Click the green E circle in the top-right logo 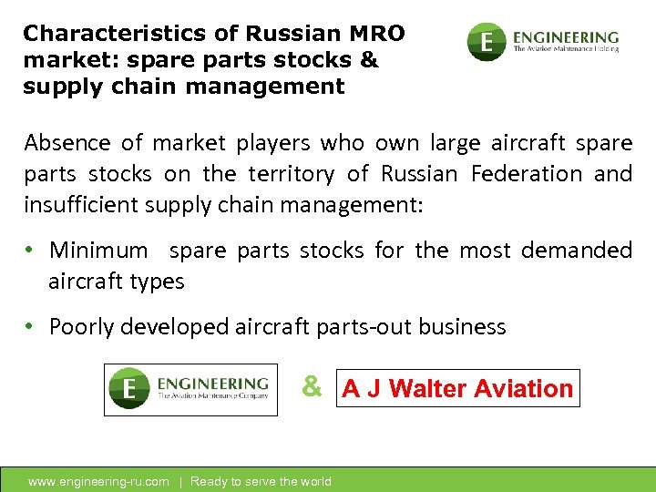pyautogui.click(x=487, y=42)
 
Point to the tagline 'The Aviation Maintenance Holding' pyautogui.click(x=566, y=49)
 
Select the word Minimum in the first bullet pyautogui.click(x=97, y=251)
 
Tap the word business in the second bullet pyautogui.click(x=465, y=327)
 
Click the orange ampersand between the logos pyautogui.click(x=312, y=387)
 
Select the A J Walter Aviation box pyautogui.click(x=458, y=389)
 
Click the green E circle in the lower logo pyautogui.click(x=128, y=390)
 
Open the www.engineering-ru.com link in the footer pyautogui.click(x=98, y=481)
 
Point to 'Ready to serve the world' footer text pyautogui.click(x=261, y=481)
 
